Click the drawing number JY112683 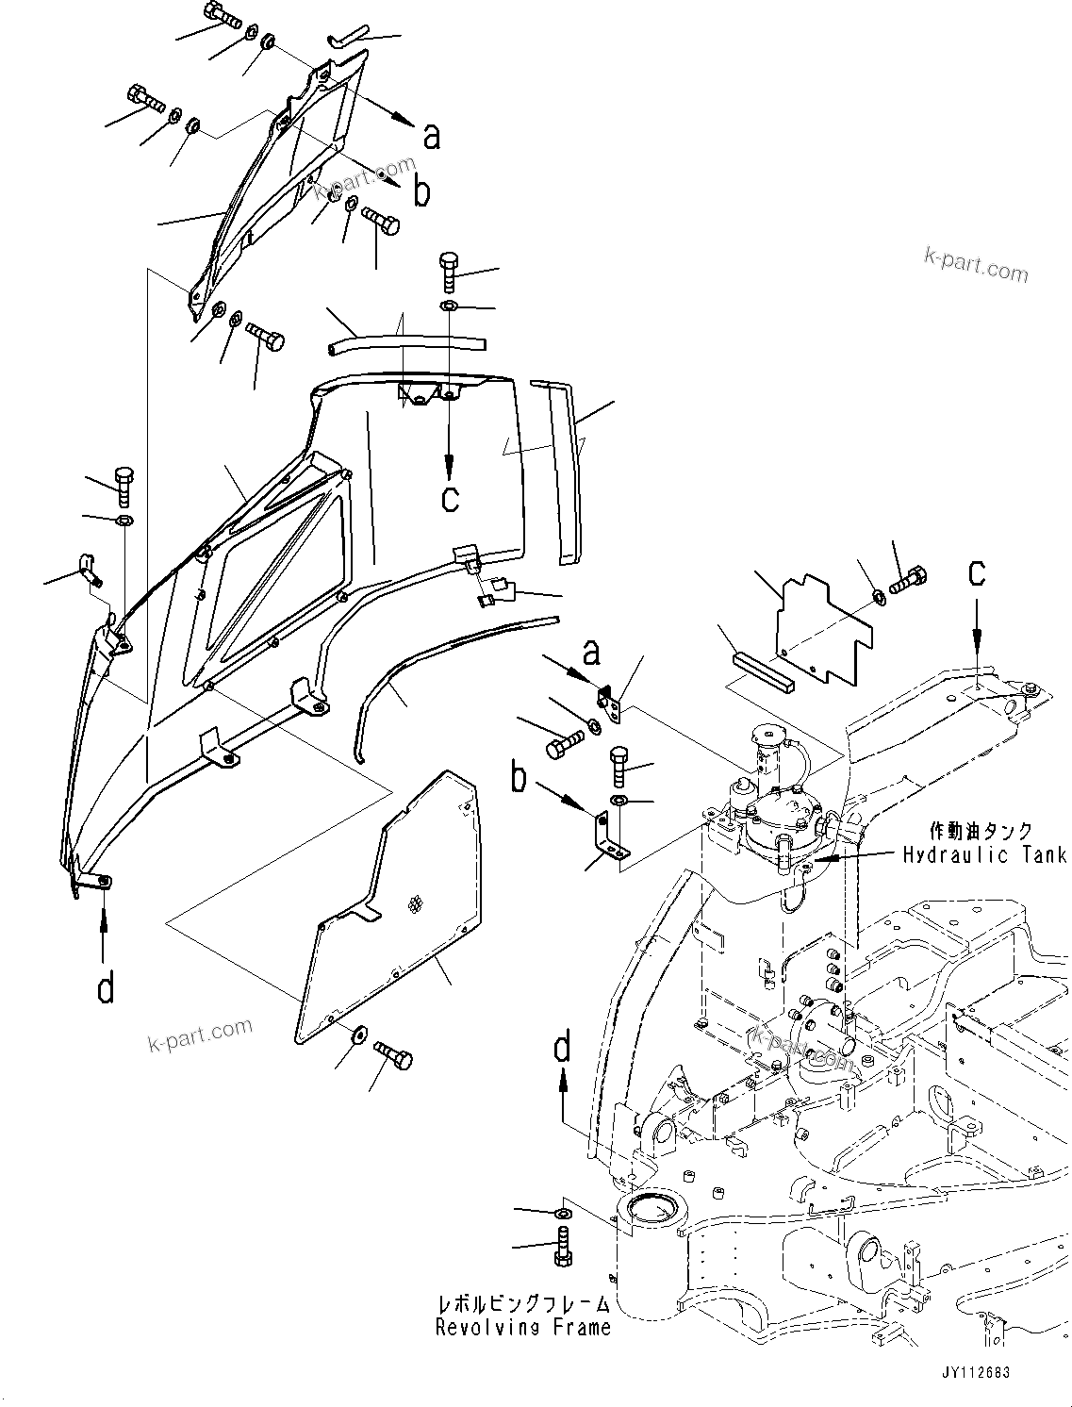pos(973,1373)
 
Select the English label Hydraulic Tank pos(984,854)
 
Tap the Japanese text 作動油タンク pos(981,832)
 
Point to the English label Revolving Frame pos(522,1328)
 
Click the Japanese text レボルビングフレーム pos(522,1304)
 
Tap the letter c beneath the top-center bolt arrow pos(451,497)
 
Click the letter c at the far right pos(978,572)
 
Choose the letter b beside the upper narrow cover pos(421,192)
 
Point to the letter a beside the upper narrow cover pos(431,137)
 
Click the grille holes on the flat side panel pos(415,905)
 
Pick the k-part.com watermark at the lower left pos(201,1035)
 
